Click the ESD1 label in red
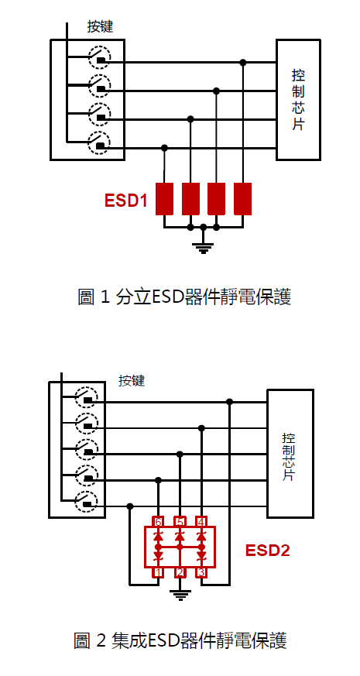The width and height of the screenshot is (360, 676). (x=126, y=201)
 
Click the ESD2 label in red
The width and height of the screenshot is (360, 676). (x=268, y=551)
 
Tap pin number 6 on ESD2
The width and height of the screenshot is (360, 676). (x=158, y=522)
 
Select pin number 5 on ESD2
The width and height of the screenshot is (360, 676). (x=180, y=522)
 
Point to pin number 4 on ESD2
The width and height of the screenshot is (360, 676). (x=201, y=522)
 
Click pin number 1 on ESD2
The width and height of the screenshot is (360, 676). (x=158, y=572)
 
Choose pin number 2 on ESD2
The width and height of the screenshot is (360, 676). (x=180, y=572)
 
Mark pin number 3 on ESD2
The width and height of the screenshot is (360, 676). (x=201, y=572)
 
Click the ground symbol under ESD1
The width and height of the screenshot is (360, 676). (x=204, y=248)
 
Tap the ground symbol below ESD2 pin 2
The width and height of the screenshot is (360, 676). (x=180, y=595)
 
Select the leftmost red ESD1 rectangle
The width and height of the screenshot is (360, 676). (x=164, y=199)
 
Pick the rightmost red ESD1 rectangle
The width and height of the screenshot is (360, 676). (x=243, y=199)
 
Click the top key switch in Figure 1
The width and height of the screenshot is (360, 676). (x=100, y=57)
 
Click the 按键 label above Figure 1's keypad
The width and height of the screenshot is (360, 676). (x=100, y=27)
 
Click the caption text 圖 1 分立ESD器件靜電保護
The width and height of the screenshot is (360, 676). (x=184, y=297)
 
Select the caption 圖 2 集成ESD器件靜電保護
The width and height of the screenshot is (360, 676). (x=180, y=640)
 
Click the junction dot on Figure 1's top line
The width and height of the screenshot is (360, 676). (x=243, y=63)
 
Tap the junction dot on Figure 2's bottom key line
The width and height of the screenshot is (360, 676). (x=130, y=506)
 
